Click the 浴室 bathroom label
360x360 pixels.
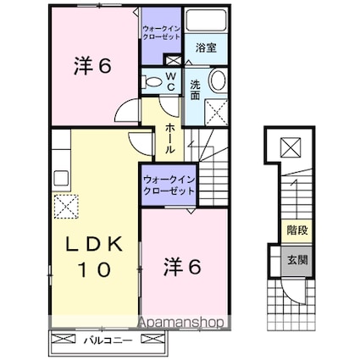coord(206,48)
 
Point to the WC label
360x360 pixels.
coord(170,80)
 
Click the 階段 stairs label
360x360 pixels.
coord(296,229)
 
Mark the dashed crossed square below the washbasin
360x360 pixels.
coord(215,110)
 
